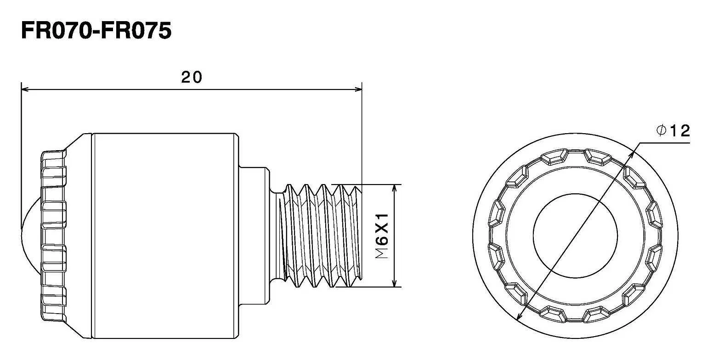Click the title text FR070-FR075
pos(96,31)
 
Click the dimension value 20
pos(191,77)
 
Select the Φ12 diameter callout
pos(673,131)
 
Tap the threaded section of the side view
pos(322,236)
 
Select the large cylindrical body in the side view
pos(165,236)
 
